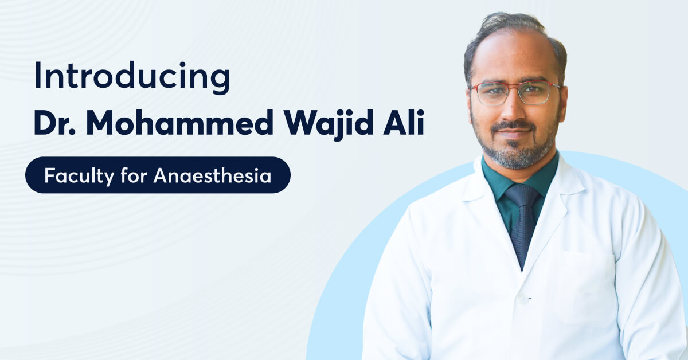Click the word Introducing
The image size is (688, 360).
[132, 78]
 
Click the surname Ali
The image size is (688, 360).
[404, 122]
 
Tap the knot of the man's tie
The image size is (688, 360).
[522, 198]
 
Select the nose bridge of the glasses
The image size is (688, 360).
[514, 89]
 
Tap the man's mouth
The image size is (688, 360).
[513, 131]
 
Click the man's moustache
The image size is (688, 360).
[513, 123]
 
